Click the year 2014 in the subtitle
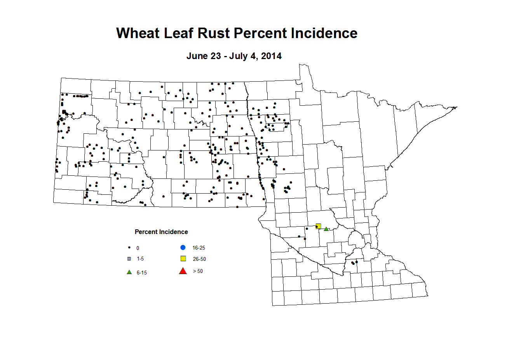pyautogui.click(x=271, y=56)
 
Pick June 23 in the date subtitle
pyautogui.click(x=204, y=56)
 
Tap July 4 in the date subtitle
pyautogui.click(x=243, y=56)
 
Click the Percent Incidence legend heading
pyautogui.click(x=161, y=232)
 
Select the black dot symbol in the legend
pyautogui.click(x=129, y=248)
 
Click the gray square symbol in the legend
pyautogui.click(x=129, y=259)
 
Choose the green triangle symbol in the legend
pyautogui.click(x=129, y=272)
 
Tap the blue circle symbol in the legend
pyautogui.click(x=183, y=247)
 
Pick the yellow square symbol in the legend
pyautogui.click(x=183, y=259)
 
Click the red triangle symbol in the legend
pyautogui.click(x=183, y=271)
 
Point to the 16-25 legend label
pyautogui.click(x=199, y=248)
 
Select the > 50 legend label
pyautogui.click(x=198, y=271)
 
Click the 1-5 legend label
pyautogui.click(x=140, y=259)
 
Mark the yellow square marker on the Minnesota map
pyautogui.click(x=319, y=226)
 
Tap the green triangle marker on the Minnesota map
pyautogui.click(x=326, y=229)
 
